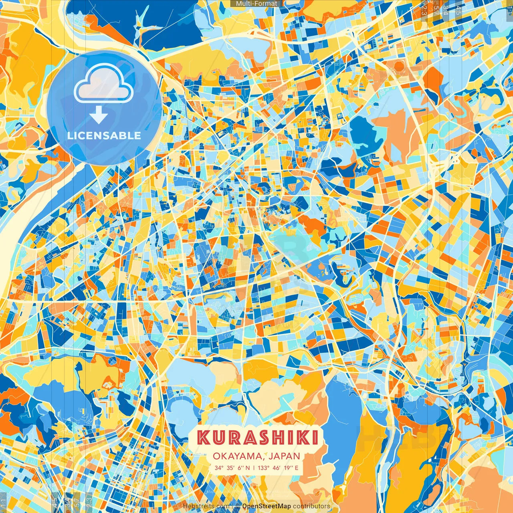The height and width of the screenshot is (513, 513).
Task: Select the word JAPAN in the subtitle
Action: tap(285, 456)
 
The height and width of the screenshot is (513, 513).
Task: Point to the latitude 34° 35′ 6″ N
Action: tap(232, 468)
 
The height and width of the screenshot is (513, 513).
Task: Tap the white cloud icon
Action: tap(103, 83)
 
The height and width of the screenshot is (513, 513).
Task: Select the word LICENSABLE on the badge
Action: tap(104, 135)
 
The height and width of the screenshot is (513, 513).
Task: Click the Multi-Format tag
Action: tap(256, 4)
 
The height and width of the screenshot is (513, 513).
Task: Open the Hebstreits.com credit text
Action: tap(206, 506)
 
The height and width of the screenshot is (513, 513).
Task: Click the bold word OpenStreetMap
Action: tap(267, 506)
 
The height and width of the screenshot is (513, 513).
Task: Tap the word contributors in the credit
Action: tap(311, 506)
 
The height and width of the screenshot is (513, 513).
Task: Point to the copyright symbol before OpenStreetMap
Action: tap(237, 506)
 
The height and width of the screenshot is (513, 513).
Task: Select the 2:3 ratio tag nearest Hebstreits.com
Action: tap(89, 502)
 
